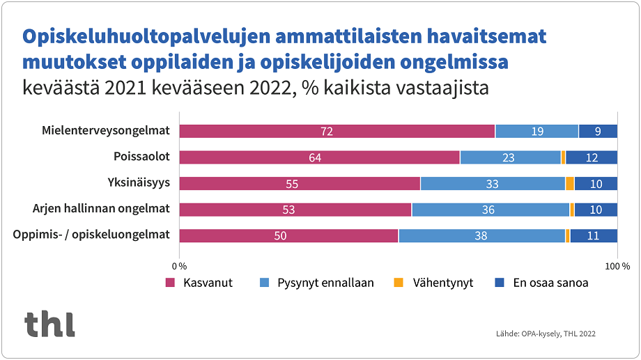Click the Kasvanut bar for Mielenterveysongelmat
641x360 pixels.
(337, 131)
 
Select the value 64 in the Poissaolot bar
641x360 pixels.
(315, 157)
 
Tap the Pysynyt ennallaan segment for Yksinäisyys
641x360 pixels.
(492, 184)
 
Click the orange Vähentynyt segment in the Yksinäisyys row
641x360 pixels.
(569, 184)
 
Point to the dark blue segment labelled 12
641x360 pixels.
(592, 157)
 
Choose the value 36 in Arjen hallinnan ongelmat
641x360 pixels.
(490, 210)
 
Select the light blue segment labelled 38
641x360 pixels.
(481, 236)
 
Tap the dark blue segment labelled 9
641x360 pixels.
(598, 131)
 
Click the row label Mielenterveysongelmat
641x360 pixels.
(105, 131)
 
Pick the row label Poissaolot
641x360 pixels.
(141, 157)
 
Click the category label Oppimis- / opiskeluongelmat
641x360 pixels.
(91, 235)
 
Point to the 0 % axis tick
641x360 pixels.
(180, 266)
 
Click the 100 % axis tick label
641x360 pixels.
(617, 266)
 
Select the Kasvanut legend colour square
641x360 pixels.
(170, 283)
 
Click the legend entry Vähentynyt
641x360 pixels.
(442, 283)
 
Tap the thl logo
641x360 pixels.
(49, 324)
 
